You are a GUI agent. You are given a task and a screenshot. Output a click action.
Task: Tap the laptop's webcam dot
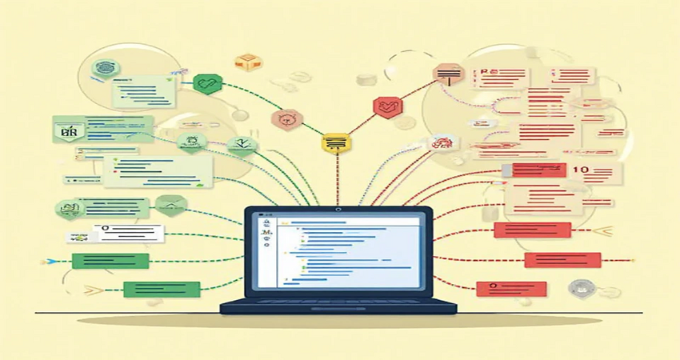[338, 210]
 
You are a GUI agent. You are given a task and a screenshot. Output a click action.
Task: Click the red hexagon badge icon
[387, 106]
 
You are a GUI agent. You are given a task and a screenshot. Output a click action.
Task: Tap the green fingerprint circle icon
[106, 67]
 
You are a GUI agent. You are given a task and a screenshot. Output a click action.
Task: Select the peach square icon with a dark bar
[450, 75]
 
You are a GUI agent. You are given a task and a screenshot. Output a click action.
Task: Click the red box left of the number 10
[533, 170]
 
